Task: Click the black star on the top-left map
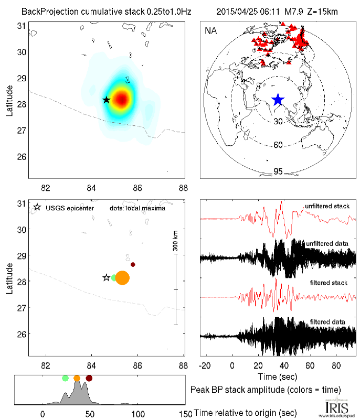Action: pyautogui.click(x=106, y=100)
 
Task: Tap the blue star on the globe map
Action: pyautogui.click(x=278, y=100)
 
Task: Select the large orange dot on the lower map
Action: pyautogui.click(x=122, y=278)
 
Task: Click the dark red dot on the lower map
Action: pyautogui.click(x=133, y=264)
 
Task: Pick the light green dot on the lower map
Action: pyautogui.click(x=114, y=277)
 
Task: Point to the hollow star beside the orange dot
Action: pyautogui.click(x=107, y=277)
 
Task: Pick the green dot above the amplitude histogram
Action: pyautogui.click(x=65, y=378)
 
